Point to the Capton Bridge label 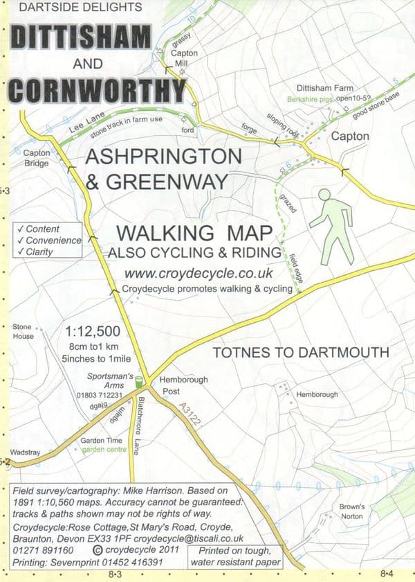tap(36, 159)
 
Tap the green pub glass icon tap(138, 380)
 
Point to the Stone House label tap(23, 331)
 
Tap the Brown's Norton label tap(351, 511)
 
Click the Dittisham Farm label tap(325, 89)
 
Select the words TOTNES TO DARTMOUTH tap(301, 352)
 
